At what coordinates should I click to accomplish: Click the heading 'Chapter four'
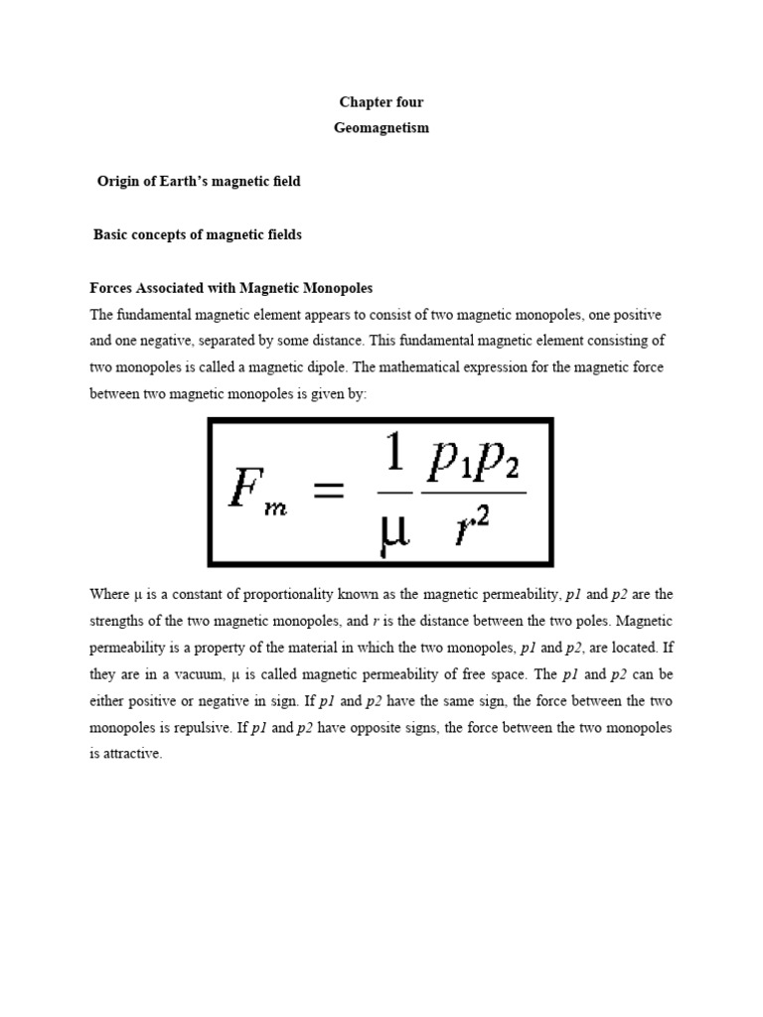click(x=381, y=102)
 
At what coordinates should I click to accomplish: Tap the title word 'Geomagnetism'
click(x=381, y=128)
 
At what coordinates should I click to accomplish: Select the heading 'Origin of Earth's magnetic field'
click(x=199, y=182)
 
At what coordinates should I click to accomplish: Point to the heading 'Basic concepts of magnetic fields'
click(x=198, y=235)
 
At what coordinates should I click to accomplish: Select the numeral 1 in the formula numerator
click(x=396, y=457)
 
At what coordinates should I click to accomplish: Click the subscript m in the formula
click(x=273, y=508)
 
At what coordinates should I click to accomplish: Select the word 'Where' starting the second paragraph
click(x=108, y=595)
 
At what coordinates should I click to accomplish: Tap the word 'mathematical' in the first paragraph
click(x=471, y=367)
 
